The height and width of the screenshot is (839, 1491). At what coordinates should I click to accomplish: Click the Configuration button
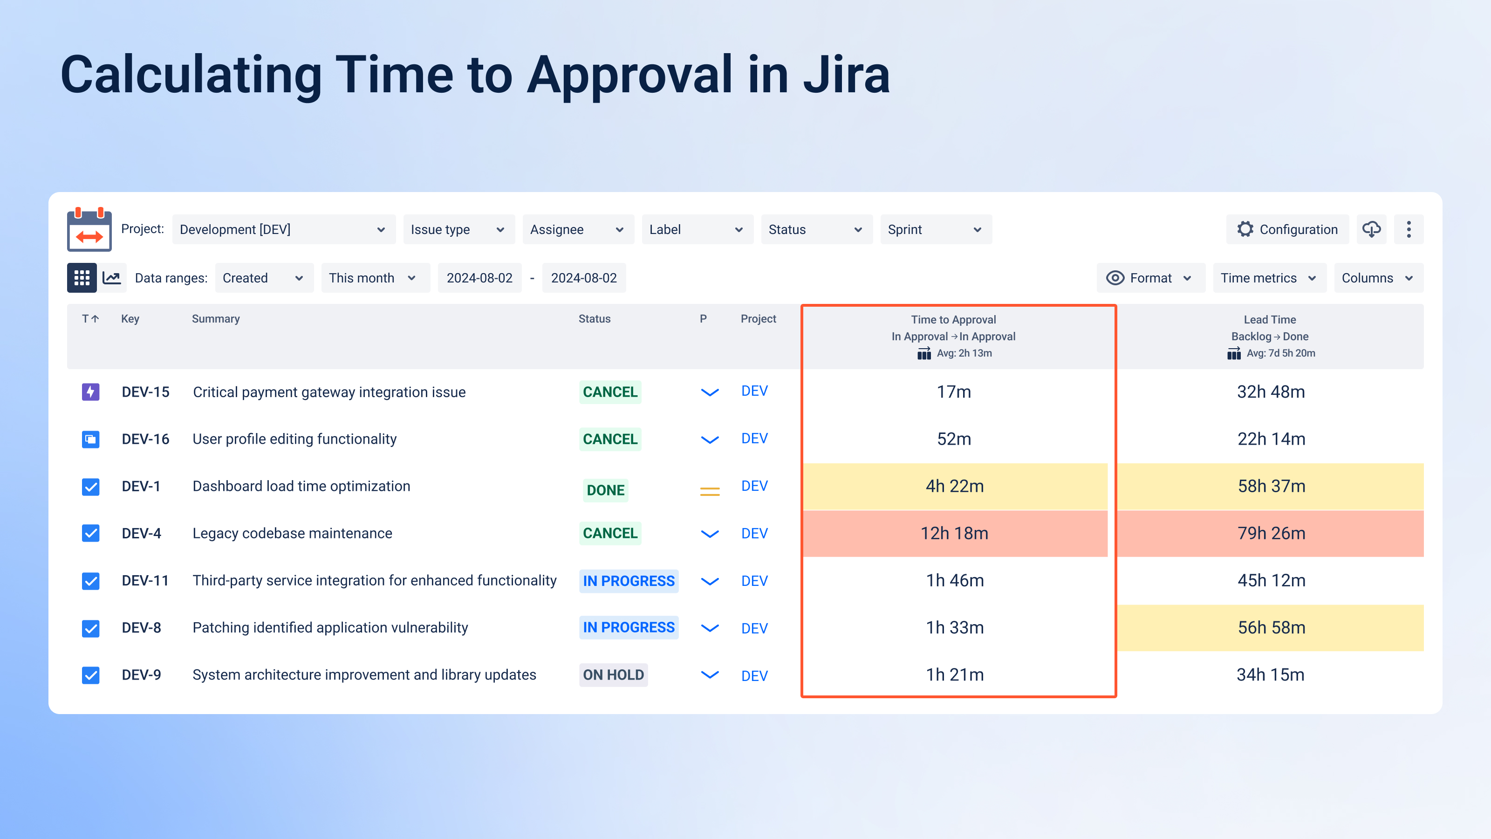coord(1287,229)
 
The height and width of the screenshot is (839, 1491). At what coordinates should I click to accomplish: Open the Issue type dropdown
coord(457,229)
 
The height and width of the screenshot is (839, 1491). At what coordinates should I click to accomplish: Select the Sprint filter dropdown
coord(935,229)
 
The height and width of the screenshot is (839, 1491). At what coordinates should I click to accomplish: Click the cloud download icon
coord(1371,229)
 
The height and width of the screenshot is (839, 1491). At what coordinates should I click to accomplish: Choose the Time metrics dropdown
coord(1269,278)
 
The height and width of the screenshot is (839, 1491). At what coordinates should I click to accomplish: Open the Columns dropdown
coord(1378,278)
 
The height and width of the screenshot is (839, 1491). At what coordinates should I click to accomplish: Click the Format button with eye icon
coord(1149,278)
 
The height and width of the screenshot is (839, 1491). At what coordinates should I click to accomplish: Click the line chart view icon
coord(112,278)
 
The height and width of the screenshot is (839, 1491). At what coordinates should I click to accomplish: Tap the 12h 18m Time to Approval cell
coord(954,533)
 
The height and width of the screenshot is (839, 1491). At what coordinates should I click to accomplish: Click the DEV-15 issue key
coord(145,392)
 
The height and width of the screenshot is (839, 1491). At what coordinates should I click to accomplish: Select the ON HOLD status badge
coord(613,674)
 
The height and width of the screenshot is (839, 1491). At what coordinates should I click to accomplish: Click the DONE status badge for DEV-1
coord(605,490)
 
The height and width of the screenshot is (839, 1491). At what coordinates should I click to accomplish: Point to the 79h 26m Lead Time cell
coord(1271,533)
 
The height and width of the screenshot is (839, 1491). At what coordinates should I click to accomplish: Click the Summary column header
coord(215,318)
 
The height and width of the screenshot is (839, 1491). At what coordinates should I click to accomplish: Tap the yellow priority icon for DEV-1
coord(710,491)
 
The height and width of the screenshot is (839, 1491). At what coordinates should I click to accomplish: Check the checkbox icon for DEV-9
coord(90,675)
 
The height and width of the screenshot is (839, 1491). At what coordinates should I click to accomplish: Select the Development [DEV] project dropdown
coord(283,229)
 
